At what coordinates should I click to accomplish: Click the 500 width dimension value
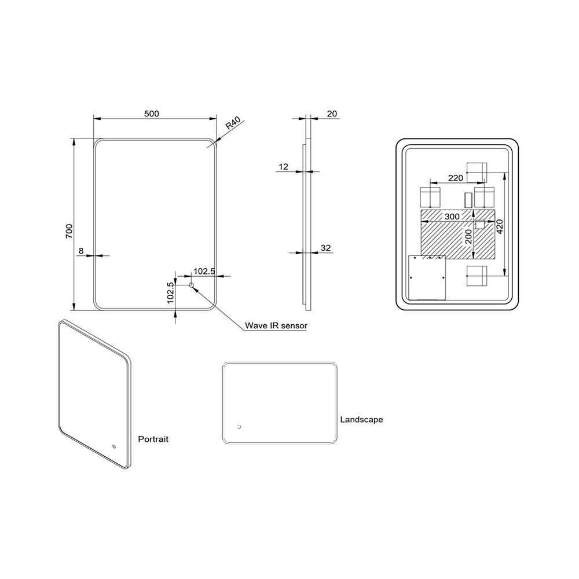click(x=151, y=113)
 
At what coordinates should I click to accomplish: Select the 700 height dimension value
click(x=69, y=231)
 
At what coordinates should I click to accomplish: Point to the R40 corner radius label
click(x=233, y=123)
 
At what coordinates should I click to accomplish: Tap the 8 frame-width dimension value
click(x=81, y=251)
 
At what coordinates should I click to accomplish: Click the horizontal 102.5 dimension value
click(x=204, y=271)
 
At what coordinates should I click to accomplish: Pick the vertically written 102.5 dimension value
click(x=170, y=293)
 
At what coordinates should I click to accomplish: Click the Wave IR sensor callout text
click(x=276, y=325)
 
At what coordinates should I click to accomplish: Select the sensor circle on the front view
click(x=191, y=285)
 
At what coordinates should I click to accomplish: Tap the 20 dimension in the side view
click(x=332, y=113)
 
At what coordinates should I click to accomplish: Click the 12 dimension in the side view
click(x=283, y=167)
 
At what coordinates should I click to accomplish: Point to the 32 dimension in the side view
click(x=325, y=248)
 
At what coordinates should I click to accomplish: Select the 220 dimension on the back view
click(x=456, y=178)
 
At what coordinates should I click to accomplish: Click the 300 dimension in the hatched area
click(x=452, y=217)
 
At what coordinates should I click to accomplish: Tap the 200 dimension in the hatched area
click(x=468, y=237)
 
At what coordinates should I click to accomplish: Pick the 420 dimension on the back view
click(x=500, y=226)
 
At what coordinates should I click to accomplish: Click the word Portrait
click(x=153, y=439)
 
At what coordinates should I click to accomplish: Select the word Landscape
click(x=361, y=419)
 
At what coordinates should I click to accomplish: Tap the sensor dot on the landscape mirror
click(x=240, y=427)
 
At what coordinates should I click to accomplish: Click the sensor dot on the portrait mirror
click(x=114, y=446)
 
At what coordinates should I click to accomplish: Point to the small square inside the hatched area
click(x=479, y=224)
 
